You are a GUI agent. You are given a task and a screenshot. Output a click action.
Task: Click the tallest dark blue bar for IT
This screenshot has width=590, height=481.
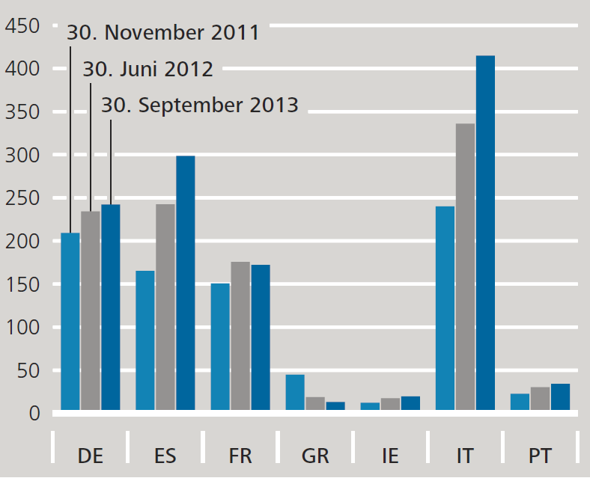tap(485, 233)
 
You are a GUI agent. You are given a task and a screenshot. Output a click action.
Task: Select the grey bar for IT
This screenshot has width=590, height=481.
tap(465, 266)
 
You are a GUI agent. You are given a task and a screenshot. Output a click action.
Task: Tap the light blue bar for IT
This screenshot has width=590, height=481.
tap(445, 308)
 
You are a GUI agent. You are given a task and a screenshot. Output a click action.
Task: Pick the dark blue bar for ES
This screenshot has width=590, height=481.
tap(185, 283)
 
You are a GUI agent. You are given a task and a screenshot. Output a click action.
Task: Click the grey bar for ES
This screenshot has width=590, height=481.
tap(165, 307)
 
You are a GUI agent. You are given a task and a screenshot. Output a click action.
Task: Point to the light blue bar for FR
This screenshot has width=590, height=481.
tap(220, 346)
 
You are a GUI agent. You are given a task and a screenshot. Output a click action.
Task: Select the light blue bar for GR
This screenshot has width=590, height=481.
tap(295, 392)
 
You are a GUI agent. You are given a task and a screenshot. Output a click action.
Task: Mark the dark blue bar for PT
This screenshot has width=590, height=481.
tap(560, 396)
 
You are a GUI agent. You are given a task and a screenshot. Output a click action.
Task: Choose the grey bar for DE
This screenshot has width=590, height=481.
tap(91, 310)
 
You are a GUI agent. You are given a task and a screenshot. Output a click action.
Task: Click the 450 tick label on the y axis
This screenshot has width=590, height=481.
tap(22, 26)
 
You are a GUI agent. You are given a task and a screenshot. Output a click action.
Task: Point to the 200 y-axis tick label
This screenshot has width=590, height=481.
tap(22, 242)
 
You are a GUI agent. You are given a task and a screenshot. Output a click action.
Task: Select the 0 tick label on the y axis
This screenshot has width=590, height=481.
tap(34, 414)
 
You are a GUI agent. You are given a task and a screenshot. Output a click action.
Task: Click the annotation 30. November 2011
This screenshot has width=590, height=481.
tap(163, 33)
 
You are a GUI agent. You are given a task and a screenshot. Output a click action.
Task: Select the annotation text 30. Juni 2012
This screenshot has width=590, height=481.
tap(147, 69)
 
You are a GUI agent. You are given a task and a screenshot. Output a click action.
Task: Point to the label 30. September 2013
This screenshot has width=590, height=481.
tap(199, 105)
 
